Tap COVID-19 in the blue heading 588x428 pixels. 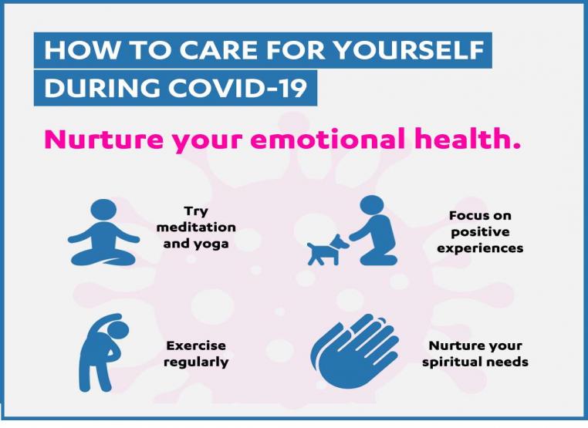[x=238, y=88]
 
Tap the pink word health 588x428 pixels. [x=468, y=138]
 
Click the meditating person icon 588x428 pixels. [x=103, y=232]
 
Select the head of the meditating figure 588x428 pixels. [x=103, y=210]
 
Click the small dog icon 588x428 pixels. [x=328, y=250]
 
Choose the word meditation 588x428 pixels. [x=196, y=227]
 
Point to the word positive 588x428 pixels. [x=481, y=232]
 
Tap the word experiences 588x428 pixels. [x=481, y=248]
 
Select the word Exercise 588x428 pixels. [x=196, y=345]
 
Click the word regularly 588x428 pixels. [x=196, y=362]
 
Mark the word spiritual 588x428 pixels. [x=451, y=362]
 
